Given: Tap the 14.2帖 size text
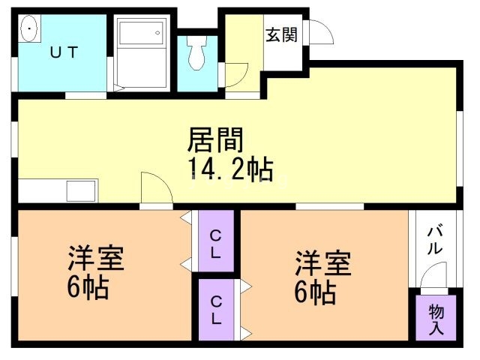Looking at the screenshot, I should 229,169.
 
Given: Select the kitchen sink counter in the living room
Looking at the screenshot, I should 57,190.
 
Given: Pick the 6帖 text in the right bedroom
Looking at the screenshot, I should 314,291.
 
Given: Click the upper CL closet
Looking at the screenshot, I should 215,242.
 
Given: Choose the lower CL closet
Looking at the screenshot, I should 215,310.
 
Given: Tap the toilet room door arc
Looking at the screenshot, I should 235,75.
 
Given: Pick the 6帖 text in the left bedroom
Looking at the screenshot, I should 88,287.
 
